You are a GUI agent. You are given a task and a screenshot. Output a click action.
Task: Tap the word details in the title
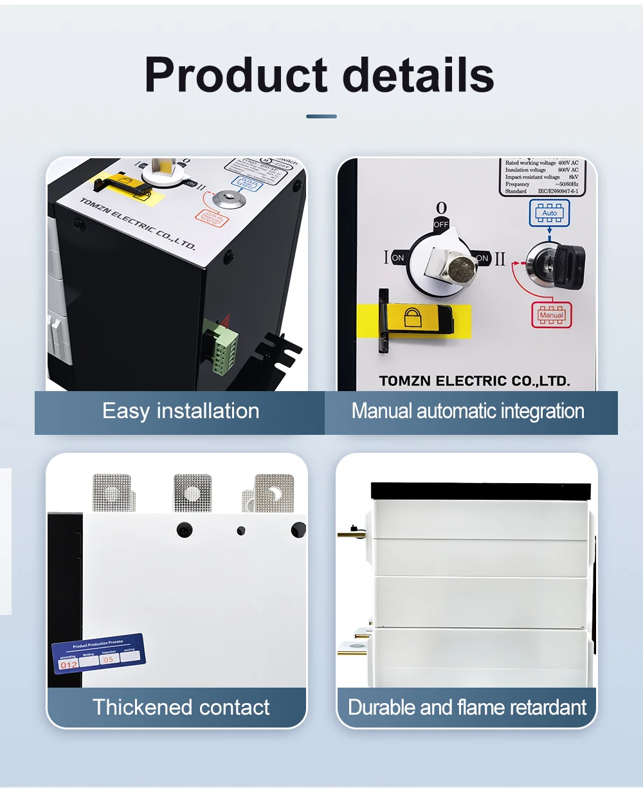pos(419,76)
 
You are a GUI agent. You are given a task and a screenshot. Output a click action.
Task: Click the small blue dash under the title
pos(321,116)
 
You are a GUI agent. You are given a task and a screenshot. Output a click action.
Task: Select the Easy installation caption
pos(181,411)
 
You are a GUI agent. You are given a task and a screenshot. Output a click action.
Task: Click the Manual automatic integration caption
pos(467,411)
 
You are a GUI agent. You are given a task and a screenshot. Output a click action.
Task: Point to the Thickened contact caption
pos(181,708)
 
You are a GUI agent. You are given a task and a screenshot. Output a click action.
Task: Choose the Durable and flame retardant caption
pos(467,708)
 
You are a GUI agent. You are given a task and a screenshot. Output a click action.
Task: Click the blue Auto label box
pos(550,212)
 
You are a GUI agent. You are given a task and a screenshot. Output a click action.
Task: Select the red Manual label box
pos(551,315)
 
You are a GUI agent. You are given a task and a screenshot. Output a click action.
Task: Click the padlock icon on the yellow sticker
pos(412,317)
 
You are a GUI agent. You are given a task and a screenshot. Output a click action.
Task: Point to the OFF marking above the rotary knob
pos(441,224)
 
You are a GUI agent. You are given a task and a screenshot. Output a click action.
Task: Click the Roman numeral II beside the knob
pos(500,259)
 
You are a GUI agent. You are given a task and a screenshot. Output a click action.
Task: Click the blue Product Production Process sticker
pos(98,654)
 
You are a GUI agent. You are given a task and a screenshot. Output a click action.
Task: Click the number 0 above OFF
pos(441,208)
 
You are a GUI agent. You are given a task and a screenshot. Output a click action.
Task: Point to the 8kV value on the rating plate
pos(573,177)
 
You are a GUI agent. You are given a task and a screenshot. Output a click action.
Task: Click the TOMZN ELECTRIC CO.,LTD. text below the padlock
pos(475,381)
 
